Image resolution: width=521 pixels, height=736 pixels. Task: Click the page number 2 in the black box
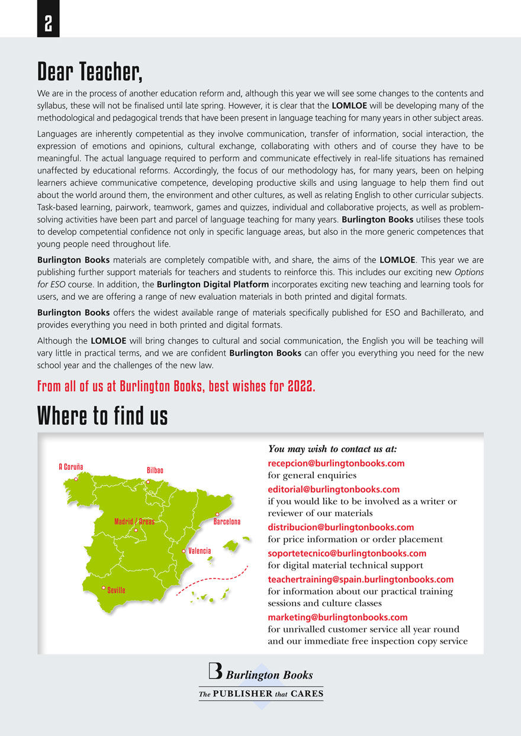48,24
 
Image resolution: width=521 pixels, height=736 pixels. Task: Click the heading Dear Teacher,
90,72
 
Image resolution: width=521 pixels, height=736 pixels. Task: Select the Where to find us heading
102,416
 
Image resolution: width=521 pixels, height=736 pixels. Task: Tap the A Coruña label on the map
71,467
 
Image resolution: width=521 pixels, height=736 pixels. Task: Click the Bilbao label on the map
155,470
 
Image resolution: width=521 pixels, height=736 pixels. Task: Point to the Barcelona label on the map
227,522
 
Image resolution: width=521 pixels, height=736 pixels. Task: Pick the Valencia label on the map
200,551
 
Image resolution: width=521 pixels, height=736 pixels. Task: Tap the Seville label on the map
116,590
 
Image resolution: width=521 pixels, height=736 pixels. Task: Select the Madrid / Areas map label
134,522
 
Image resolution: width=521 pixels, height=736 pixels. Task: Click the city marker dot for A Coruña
76,479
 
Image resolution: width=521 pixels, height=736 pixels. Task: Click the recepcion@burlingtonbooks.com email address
336,463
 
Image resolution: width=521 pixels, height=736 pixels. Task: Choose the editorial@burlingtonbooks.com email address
334,489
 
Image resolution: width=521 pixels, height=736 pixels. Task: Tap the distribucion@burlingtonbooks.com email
341,527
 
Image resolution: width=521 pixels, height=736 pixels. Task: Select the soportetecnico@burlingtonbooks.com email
347,553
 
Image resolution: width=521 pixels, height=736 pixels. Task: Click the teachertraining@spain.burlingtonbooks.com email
361,579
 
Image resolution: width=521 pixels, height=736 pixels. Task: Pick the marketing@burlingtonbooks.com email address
338,617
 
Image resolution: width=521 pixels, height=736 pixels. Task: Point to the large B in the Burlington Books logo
216,670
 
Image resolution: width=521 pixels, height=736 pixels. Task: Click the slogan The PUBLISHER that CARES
260,693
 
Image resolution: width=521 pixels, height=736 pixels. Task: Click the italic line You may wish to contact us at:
332,449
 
